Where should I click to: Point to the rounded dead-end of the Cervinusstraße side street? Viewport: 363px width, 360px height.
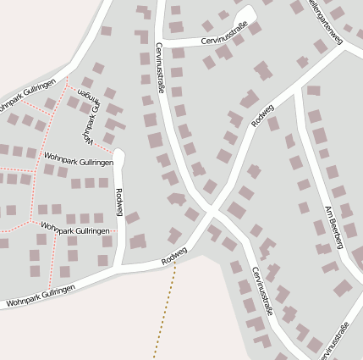tap(248, 14)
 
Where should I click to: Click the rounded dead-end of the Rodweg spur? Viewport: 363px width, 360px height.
tap(118, 155)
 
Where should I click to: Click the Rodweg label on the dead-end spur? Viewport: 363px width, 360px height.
tap(119, 202)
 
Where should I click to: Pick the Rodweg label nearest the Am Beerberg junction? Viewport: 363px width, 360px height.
tap(263, 114)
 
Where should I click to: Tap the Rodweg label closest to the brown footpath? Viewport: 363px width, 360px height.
tap(173, 253)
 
